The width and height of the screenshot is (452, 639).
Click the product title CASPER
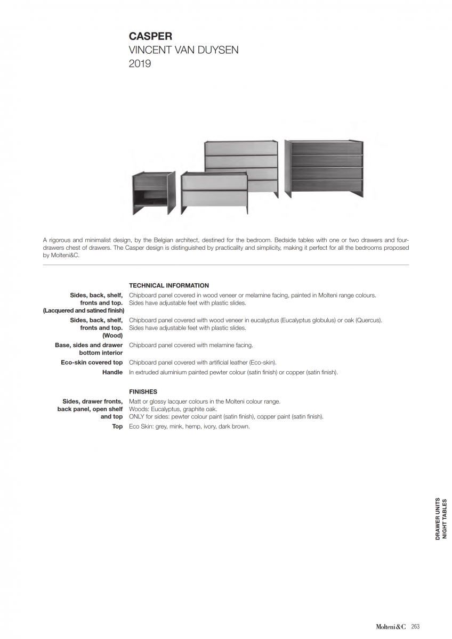150,36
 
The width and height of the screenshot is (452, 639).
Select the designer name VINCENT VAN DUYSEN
183,50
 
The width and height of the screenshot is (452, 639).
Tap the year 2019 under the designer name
140,64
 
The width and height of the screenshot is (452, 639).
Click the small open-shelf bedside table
154,193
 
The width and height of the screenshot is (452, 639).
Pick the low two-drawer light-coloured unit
214,191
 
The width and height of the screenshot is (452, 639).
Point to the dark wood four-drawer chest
324,168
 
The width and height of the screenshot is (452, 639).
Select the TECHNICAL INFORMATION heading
169,285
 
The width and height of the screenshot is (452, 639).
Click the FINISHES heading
143,391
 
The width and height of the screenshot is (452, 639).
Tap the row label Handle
112,372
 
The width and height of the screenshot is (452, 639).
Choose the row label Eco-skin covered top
92,363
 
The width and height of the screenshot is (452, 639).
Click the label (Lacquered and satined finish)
84,310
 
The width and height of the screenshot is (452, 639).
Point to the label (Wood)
112,335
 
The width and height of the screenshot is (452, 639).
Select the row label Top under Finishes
117,427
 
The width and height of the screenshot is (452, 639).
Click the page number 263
415,627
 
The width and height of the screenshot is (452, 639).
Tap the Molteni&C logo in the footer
392,627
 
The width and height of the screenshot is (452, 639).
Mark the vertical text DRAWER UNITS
438,519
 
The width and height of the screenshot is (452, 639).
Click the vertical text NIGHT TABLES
445,519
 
